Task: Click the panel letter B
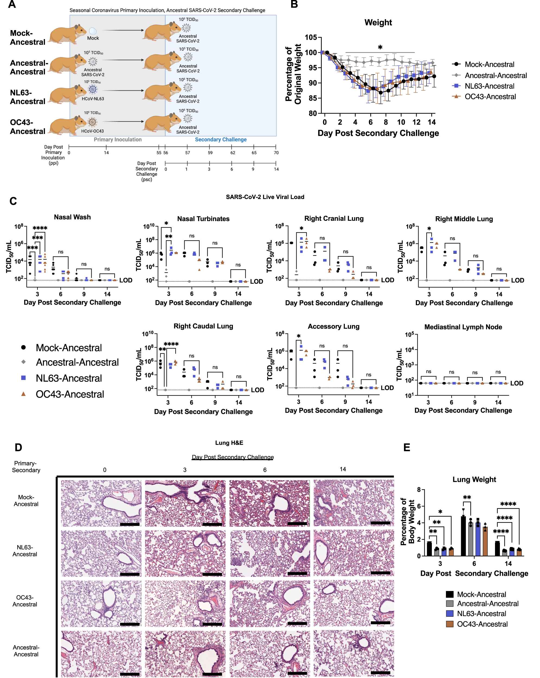pos(294,4)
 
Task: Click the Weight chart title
pos(378,23)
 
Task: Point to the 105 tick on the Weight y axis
pos(311,37)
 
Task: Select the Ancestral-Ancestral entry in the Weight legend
pos(495,75)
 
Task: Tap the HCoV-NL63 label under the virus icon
pos(93,99)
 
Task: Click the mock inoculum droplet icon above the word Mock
pos(93,31)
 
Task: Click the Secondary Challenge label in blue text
pos(221,139)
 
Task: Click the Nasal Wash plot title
pos(72,217)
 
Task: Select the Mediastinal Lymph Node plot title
pos(463,327)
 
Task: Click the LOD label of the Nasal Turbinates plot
pos(256,282)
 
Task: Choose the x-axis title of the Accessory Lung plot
pos(333,410)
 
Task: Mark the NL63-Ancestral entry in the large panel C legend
pos(69,378)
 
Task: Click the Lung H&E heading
pos(229,443)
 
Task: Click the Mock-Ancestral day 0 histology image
pos(101,503)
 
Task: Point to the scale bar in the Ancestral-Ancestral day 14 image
pos(380,673)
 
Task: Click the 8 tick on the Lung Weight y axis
pos(419,489)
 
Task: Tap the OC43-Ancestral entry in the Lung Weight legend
pos(482,624)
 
